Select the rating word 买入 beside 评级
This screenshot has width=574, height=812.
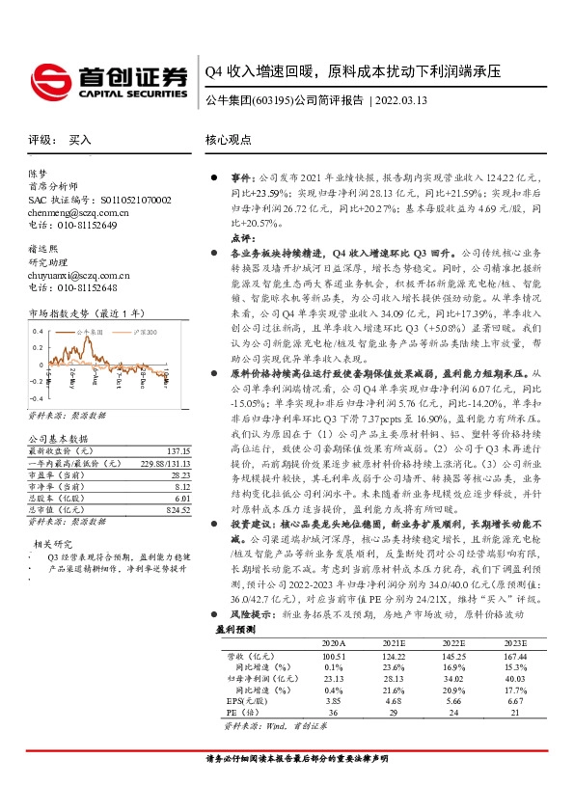(80, 140)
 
